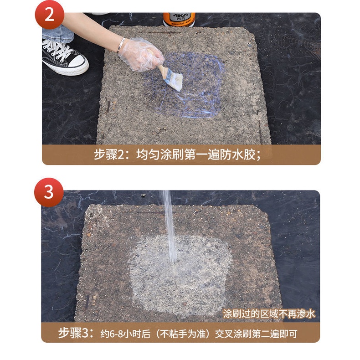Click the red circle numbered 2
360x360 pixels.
tap(49, 15)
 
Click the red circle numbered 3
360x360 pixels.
tap(49, 192)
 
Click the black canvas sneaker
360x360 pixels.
tap(65, 57)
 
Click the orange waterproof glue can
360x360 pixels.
tap(179, 20)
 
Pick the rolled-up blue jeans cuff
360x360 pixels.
tap(57, 34)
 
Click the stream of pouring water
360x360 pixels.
tap(170, 226)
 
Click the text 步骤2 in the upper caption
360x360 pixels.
tap(109, 154)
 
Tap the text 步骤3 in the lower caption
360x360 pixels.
tap(73, 333)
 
